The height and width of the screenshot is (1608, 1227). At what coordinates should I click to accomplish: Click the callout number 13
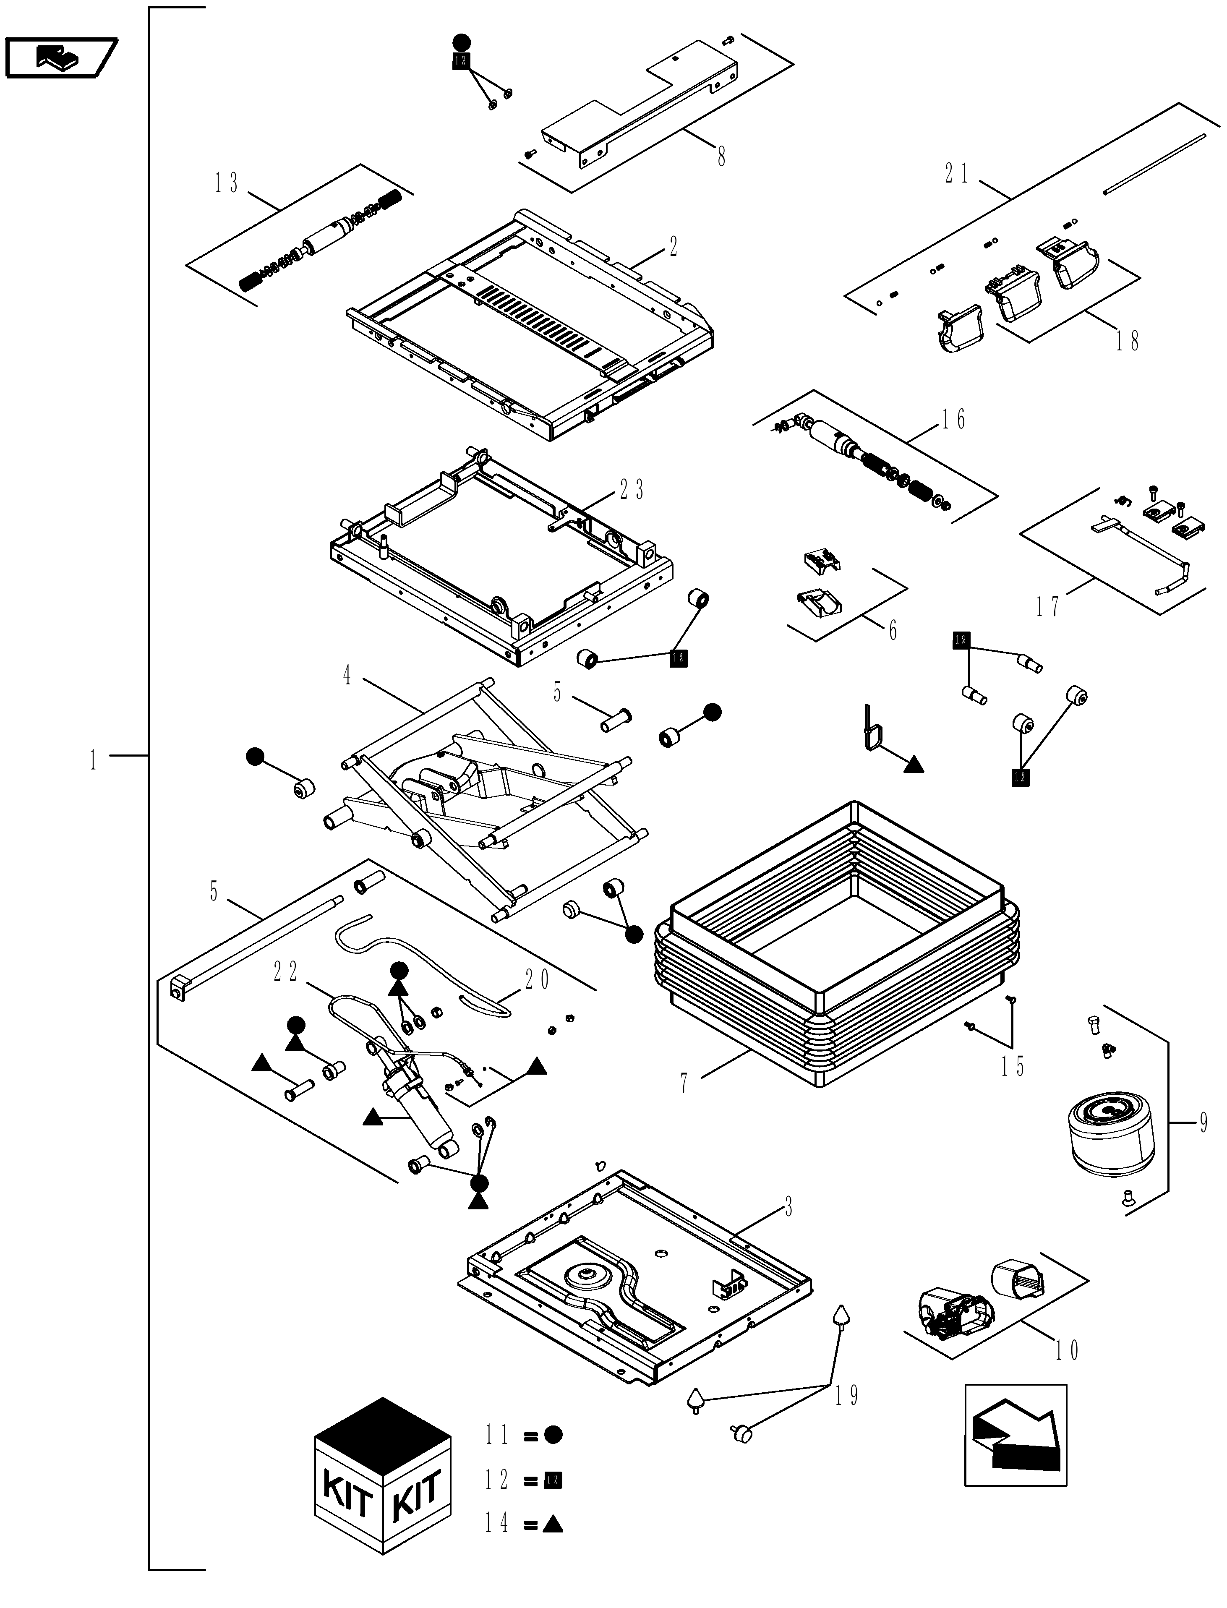point(227,183)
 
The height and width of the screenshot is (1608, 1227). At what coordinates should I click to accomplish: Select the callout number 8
point(722,156)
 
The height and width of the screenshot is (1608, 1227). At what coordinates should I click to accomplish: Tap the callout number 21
point(957,174)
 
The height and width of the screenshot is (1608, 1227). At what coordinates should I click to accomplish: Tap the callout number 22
point(286,971)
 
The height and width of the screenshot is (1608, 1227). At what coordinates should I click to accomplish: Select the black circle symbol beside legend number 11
point(553,1435)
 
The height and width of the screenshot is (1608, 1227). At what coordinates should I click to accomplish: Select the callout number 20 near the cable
point(538,980)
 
